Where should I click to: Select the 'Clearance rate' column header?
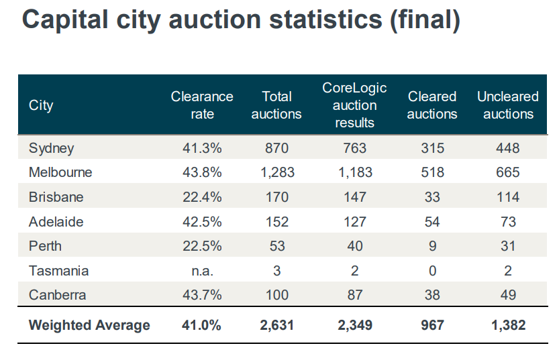[x=202, y=105]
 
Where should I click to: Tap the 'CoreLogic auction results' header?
[x=354, y=105]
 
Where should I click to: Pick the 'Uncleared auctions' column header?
[x=508, y=105]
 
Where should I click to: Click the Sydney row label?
[x=51, y=147]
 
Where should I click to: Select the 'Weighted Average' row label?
[x=89, y=325]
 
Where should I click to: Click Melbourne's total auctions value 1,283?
[x=276, y=172]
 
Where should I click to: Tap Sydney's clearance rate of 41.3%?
[x=202, y=147]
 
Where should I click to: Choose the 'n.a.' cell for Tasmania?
[x=202, y=271]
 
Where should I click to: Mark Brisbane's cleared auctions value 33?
[x=432, y=197]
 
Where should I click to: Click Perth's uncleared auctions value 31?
[x=508, y=246]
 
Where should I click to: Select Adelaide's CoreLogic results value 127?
[x=354, y=221]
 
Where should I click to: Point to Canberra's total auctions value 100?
[x=276, y=295]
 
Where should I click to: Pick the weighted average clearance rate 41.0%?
[x=202, y=325]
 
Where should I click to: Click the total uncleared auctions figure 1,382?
[x=508, y=325]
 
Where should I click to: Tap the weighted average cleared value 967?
[x=432, y=325]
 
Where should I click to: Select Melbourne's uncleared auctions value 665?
[x=508, y=172]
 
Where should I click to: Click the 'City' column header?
[x=41, y=105]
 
